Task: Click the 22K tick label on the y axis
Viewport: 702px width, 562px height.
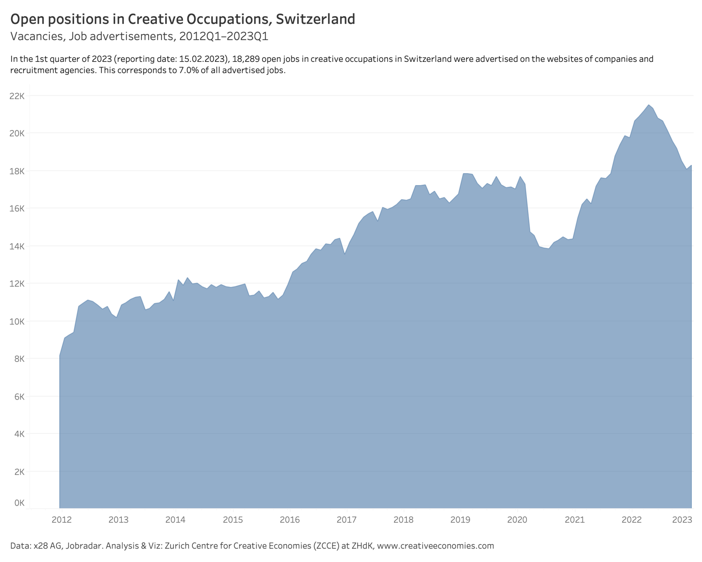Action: point(17,96)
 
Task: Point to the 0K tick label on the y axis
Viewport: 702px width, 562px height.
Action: point(19,503)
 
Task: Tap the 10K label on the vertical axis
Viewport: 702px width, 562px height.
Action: point(17,322)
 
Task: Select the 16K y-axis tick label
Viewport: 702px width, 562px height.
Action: point(17,209)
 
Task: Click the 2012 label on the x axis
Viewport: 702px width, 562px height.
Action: point(61,520)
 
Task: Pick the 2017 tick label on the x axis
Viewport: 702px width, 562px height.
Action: point(346,520)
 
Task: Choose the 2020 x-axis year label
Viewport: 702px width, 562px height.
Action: point(517,520)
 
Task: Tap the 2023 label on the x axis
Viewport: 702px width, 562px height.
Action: point(682,520)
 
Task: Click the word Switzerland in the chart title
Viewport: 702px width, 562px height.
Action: point(315,19)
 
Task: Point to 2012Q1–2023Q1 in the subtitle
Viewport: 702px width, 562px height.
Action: point(223,37)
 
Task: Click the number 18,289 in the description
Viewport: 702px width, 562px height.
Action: point(246,59)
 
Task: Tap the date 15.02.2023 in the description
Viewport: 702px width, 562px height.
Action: point(201,59)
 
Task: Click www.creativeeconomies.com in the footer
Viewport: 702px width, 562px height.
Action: point(435,546)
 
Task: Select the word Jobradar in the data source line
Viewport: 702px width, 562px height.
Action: point(85,546)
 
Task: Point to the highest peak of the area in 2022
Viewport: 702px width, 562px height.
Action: point(648,105)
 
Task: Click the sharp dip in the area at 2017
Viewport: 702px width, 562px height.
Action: point(344,254)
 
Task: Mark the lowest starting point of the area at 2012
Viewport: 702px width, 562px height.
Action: point(60,355)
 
